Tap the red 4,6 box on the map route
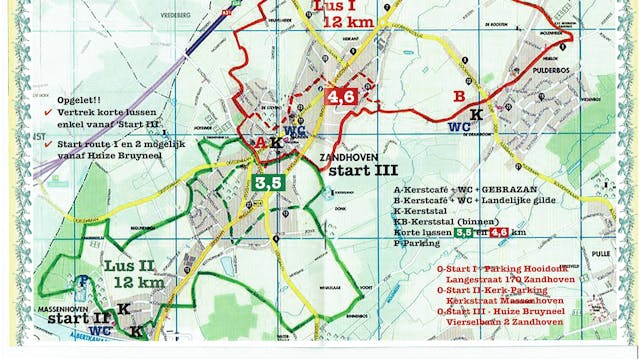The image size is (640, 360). tap(341, 96)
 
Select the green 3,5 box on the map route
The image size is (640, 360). tap(267, 183)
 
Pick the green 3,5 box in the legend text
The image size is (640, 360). tap(465, 231)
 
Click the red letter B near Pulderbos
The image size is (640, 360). tap(459, 97)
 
